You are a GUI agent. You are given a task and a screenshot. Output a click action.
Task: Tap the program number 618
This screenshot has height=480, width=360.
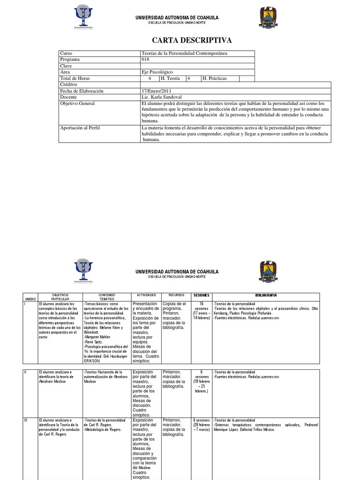[x=145, y=60]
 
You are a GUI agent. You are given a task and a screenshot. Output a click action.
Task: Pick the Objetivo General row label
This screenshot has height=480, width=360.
[x=77, y=103]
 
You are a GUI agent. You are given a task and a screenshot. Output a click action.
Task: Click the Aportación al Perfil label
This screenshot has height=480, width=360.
[x=80, y=127]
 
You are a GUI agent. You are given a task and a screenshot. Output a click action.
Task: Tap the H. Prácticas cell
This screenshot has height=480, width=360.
[x=214, y=78]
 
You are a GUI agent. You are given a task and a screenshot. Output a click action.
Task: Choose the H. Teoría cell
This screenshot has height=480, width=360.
[x=171, y=78]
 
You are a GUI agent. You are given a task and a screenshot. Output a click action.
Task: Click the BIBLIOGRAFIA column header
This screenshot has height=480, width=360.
[x=266, y=295]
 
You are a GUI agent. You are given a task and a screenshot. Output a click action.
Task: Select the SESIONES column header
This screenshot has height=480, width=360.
[x=201, y=295]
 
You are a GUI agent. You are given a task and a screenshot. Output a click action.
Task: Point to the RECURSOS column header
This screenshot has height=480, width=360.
[x=174, y=295]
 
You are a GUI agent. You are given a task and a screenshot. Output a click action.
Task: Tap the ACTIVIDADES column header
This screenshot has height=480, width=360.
[x=146, y=295]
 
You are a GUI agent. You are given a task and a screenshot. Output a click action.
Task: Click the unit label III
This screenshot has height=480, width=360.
[x=26, y=420]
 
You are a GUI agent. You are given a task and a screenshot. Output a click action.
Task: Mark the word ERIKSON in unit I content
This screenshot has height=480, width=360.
[x=93, y=361]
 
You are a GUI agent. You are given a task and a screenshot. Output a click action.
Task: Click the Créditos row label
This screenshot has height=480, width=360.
[x=69, y=85]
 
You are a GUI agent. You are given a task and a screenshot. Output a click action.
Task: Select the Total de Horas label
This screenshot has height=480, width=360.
[x=75, y=78]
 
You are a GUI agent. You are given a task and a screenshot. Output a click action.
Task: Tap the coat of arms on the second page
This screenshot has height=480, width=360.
[x=268, y=271]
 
